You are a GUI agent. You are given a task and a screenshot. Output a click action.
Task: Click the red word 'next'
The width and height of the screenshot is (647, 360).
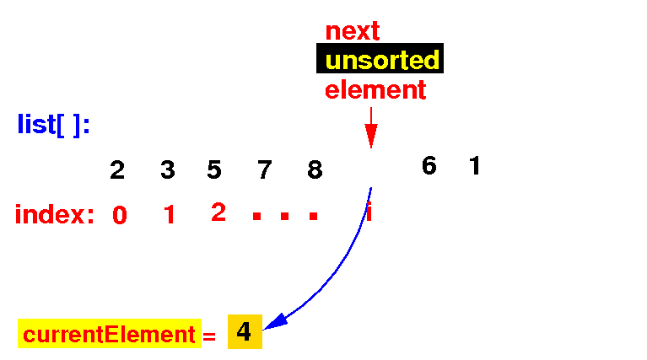[x=353, y=31]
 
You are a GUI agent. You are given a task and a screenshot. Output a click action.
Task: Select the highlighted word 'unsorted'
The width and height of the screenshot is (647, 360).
[x=381, y=60]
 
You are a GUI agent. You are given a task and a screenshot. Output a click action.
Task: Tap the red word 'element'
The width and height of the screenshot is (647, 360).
[x=375, y=89]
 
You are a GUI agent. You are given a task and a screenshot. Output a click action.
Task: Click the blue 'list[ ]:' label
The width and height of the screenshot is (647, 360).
[x=54, y=125]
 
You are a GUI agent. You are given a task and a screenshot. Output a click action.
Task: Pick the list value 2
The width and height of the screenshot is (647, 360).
[x=117, y=170]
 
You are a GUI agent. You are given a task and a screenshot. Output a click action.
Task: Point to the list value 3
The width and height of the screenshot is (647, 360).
[x=168, y=170]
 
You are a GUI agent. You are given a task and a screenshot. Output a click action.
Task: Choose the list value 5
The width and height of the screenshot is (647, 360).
[x=214, y=170]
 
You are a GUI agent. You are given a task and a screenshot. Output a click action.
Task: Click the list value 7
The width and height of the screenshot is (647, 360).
[x=265, y=170]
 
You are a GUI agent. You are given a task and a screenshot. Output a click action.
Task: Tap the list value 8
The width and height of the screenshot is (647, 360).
[x=315, y=170]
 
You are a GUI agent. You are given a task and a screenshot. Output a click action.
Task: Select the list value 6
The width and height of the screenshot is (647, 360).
[x=429, y=166]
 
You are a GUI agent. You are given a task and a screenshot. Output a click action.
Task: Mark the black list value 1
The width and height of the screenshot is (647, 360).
[x=474, y=166]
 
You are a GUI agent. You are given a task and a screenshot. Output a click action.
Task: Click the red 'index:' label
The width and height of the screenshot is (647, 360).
[x=55, y=215]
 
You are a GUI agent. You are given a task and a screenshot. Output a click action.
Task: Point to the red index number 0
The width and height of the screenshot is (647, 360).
[x=120, y=216]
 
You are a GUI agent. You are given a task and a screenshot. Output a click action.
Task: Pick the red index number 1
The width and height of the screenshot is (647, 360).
[x=169, y=216]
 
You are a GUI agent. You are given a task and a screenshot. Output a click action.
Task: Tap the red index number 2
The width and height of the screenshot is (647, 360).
[x=218, y=212]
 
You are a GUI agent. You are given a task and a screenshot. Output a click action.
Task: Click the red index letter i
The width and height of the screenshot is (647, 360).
[x=369, y=212]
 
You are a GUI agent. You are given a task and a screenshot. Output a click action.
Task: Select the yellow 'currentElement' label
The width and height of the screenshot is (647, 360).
[x=109, y=335]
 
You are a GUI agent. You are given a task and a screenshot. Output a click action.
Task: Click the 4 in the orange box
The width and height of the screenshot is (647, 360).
[x=244, y=332]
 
